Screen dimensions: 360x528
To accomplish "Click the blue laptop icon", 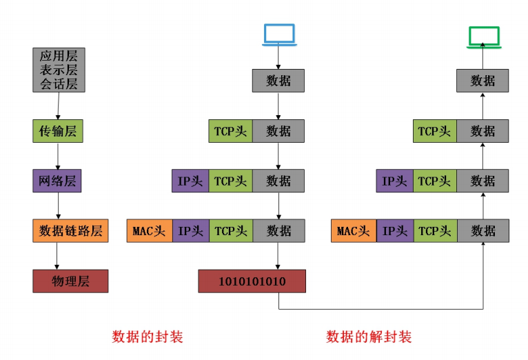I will (278, 35).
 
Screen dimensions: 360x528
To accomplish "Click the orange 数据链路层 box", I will (70, 230).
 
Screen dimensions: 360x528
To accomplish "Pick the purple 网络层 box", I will (57, 181).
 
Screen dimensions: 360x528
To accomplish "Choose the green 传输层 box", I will (57, 131).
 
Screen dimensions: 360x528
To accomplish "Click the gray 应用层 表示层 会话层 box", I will (58, 70).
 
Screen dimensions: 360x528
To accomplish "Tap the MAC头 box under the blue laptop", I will (150, 231).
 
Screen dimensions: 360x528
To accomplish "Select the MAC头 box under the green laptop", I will (354, 231).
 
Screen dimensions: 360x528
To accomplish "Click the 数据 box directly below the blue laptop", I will (278, 81).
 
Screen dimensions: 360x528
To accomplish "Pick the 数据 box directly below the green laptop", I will (483, 81).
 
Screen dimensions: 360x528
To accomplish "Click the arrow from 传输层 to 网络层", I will (58, 156).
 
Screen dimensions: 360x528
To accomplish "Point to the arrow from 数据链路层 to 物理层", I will (57, 255).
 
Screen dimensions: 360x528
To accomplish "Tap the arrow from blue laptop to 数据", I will (278, 58).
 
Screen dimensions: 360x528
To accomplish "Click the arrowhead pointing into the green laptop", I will (483, 46).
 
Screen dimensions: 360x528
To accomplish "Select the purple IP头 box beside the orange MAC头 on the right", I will (395, 231).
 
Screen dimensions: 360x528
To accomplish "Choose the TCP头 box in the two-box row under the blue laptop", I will (230, 131).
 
